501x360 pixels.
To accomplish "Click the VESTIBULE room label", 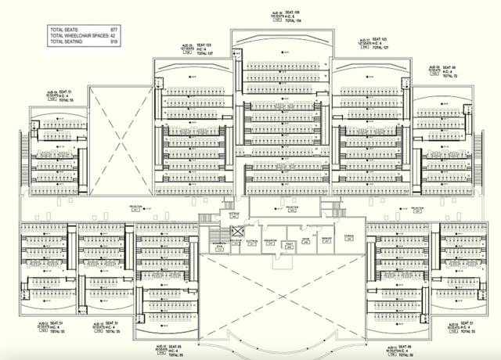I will coord(233,213).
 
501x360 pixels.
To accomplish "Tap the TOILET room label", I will coord(289,243).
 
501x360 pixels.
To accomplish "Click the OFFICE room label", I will coord(307,240).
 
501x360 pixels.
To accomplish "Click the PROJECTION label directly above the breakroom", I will coord(292,208).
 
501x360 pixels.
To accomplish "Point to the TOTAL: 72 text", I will coord(449,77).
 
